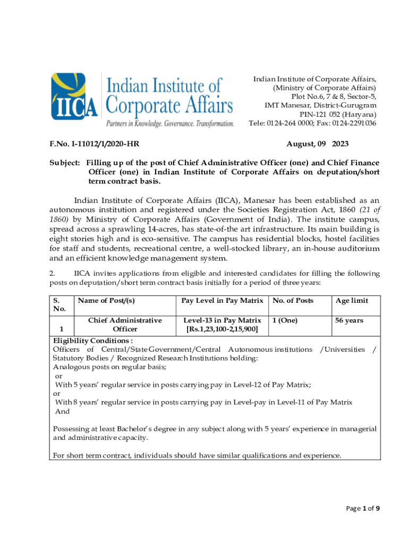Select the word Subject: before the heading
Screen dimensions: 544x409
[65, 163]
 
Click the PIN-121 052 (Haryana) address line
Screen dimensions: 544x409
[338, 114]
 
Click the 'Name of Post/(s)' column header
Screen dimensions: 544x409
[106, 301]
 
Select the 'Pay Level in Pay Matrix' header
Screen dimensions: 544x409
[222, 301]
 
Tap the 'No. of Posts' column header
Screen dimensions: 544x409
[293, 301]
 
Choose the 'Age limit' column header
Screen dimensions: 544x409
[351, 301]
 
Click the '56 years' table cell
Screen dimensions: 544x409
[349, 320]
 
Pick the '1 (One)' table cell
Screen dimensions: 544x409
[285, 320]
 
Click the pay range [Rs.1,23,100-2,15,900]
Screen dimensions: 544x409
[222, 329]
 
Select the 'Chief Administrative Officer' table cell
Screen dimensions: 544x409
[125, 325]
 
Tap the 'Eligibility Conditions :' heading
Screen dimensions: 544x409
[93, 341]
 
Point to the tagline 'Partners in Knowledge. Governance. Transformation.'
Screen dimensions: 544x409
[170, 124]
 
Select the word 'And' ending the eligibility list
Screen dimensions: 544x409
[62, 411]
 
